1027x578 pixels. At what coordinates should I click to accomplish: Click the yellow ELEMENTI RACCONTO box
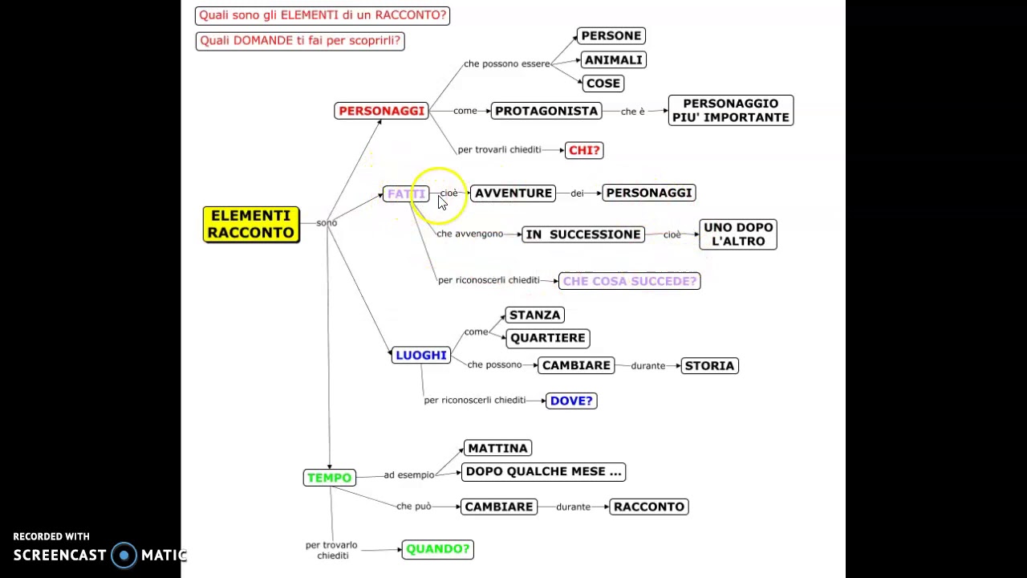[x=251, y=224]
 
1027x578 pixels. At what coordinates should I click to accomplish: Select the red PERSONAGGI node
[x=381, y=111]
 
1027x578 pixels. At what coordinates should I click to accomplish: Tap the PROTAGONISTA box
[x=546, y=111]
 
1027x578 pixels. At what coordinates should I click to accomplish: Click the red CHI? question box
[x=584, y=150]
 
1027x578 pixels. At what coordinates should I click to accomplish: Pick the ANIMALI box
[x=614, y=60]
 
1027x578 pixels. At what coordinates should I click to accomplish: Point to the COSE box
[x=603, y=83]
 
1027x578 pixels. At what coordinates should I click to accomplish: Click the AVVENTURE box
[x=513, y=193]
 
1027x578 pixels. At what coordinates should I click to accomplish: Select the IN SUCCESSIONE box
[x=583, y=234]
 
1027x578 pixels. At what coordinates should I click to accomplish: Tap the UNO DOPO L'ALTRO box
[x=738, y=234]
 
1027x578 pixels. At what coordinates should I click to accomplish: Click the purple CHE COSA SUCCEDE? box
[x=630, y=281]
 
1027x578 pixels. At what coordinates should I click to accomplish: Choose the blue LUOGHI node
[x=421, y=356]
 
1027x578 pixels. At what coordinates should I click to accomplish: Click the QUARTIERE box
[x=548, y=338]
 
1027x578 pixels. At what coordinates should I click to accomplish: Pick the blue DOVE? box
[x=571, y=401]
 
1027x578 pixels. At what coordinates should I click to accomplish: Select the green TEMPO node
[x=329, y=478]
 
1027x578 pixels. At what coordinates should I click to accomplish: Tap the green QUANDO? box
[x=438, y=550]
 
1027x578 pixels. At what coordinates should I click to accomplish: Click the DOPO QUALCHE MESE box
[x=543, y=472]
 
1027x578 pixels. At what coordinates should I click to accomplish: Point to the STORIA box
[x=710, y=366]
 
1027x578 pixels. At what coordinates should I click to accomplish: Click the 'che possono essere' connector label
[x=506, y=63]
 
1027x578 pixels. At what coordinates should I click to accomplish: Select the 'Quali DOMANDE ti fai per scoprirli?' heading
[x=300, y=41]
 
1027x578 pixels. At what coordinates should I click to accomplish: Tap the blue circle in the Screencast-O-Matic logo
[x=124, y=556]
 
